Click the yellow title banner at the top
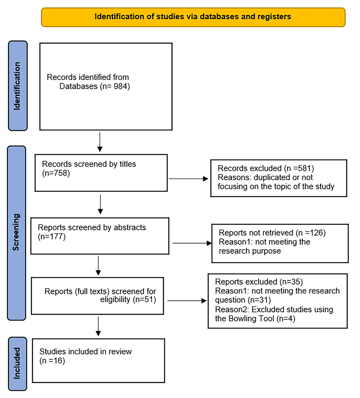(x=193, y=17)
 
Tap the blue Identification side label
(x=18, y=86)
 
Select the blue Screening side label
(x=16, y=233)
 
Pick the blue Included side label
(x=17, y=364)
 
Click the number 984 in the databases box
(x=120, y=86)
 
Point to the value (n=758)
(x=56, y=173)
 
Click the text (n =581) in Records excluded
(x=299, y=168)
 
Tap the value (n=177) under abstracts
(x=52, y=237)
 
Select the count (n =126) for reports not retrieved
(x=310, y=233)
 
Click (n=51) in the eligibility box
(x=144, y=299)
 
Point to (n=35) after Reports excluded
(x=291, y=282)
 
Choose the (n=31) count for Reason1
(x=259, y=300)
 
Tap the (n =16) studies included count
(x=52, y=361)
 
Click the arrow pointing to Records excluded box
(x=188, y=179)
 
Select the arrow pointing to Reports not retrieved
(x=192, y=243)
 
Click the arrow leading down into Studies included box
(x=98, y=326)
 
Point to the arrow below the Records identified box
(x=100, y=142)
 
